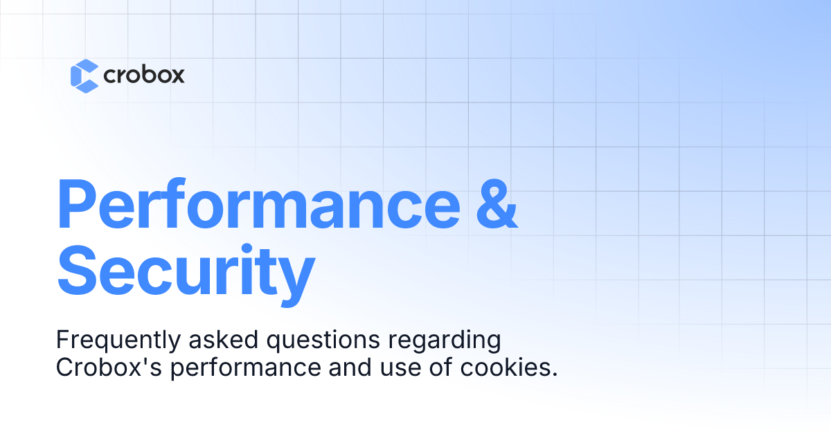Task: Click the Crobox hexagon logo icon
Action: coord(84,75)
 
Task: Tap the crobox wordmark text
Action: coord(143,75)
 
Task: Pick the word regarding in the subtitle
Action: coord(438,342)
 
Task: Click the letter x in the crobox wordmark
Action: coord(176,75)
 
